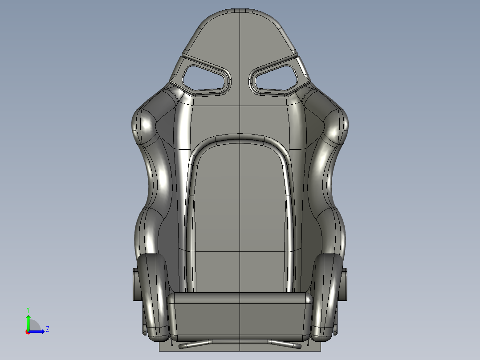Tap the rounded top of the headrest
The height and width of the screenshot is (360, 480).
coord(240,18)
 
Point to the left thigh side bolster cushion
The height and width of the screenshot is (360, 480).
coord(152,294)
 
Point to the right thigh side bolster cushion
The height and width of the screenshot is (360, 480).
coord(328,294)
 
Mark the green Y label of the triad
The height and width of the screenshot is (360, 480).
coord(28,309)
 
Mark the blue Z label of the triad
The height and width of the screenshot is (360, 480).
coord(47,329)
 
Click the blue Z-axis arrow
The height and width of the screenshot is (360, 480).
coord(38,331)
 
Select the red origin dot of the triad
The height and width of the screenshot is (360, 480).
coord(28,332)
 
